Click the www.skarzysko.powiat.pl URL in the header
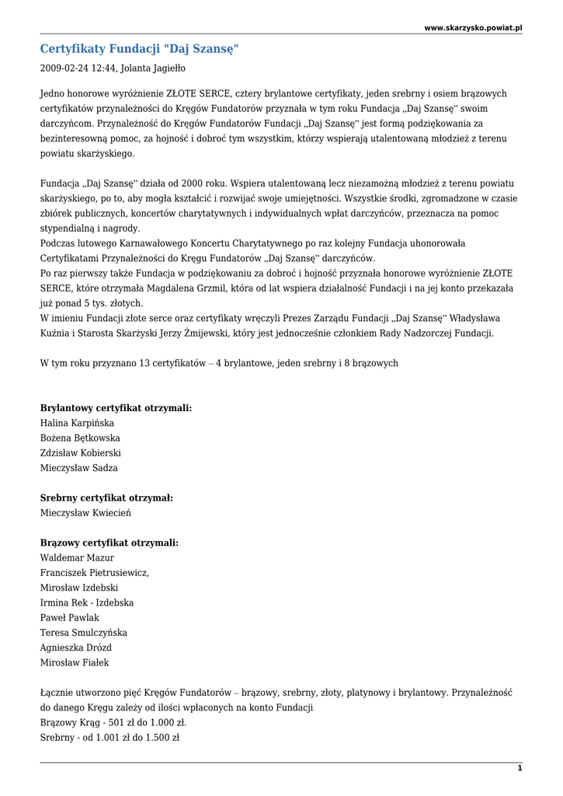[x=473, y=27]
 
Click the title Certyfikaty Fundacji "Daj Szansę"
[x=140, y=49]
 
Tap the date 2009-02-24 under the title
[x=64, y=68]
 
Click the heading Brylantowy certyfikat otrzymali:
[x=116, y=408]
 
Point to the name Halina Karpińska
[x=77, y=423]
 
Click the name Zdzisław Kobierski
[x=80, y=452]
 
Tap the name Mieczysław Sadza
[x=78, y=468]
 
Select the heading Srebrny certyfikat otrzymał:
[x=106, y=497]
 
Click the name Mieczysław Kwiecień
[x=85, y=513]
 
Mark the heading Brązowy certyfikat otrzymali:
[x=109, y=543]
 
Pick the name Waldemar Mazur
[x=77, y=557]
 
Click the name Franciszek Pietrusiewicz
[x=94, y=573]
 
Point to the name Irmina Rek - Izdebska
[x=86, y=602]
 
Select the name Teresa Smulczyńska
[x=83, y=633]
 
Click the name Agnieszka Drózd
[x=75, y=648]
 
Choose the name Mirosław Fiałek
[x=75, y=662]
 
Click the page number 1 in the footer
[x=520, y=768]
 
